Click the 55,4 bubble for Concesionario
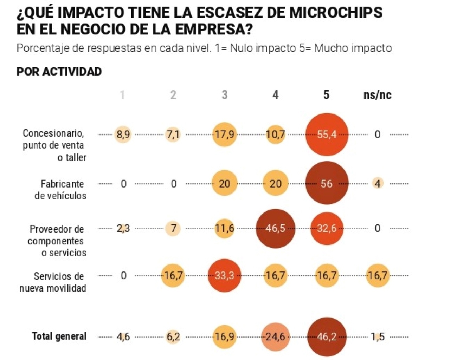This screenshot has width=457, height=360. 327,135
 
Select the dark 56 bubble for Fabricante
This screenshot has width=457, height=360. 327,183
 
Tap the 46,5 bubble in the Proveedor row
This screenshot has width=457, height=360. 275,229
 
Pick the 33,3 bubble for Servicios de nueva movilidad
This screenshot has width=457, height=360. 224,275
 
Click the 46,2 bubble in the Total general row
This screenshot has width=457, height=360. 327,337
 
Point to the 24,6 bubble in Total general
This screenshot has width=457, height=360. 275,337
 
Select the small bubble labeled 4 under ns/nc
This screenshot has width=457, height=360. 377,183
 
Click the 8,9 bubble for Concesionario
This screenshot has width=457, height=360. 123,135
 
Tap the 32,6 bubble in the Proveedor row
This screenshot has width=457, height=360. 327,229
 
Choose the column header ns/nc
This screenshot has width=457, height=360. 377,95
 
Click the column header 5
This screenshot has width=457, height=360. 326,95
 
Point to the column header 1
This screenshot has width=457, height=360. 122,95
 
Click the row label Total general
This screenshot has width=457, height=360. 59,336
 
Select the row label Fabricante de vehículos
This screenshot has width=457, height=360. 60,190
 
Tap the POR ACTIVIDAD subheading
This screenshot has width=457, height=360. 59,72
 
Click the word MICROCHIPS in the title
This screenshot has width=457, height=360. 336,13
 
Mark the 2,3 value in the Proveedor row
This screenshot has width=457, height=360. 123,229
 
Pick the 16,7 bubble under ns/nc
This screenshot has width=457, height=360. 377,275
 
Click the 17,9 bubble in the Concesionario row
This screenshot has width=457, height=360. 224,135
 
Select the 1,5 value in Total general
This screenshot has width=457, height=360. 377,337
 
